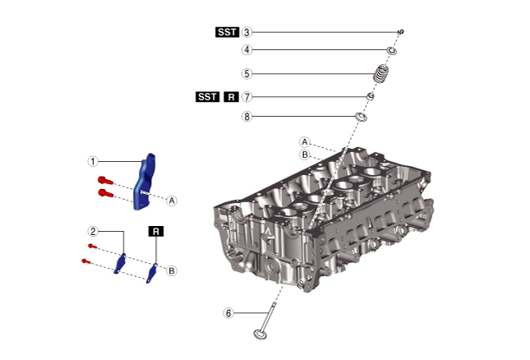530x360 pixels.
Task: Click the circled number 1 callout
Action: [94, 161]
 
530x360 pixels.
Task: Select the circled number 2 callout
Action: [94, 231]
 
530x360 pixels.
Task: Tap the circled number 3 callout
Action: [247, 32]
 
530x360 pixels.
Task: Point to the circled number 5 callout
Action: [247, 73]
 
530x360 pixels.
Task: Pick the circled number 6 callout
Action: [229, 312]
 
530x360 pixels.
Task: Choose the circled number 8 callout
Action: [247, 117]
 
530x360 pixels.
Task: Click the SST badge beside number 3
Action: [226, 32]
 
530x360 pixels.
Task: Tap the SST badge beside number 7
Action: [208, 96]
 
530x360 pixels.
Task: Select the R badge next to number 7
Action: [231, 96]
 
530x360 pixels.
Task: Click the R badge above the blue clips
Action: [156, 232]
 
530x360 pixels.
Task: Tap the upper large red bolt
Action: [104, 180]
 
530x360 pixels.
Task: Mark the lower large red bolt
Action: [104, 193]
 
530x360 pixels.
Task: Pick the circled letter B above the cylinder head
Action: [304, 154]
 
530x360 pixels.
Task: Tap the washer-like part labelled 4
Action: [392, 52]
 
